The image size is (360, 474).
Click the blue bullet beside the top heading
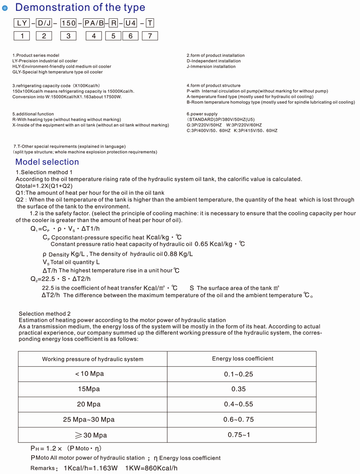(x=5, y=8)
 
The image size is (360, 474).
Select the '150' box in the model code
(x=68, y=23)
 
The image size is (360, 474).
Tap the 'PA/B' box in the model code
(x=94, y=23)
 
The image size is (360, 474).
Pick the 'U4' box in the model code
(x=130, y=23)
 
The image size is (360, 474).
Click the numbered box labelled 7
(x=150, y=36)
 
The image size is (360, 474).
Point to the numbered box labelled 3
(x=68, y=36)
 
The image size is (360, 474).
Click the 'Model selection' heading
(x=47, y=162)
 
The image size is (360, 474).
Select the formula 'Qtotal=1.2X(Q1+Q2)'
(x=44, y=186)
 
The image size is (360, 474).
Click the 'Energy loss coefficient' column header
(x=242, y=359)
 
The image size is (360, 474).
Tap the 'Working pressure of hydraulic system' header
(x=92, y=359)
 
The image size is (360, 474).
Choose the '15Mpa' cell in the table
(x=89, y=389)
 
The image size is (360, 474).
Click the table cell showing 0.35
(x=238, y=389)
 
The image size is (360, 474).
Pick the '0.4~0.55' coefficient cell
(x=238, y=404)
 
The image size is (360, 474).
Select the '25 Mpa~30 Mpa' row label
(x=89, y=420)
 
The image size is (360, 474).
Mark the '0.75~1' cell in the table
(x=239, y=435)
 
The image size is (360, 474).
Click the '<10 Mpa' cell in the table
(x=89, y=374)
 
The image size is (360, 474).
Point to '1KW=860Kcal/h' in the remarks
(x=151, y=468)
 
